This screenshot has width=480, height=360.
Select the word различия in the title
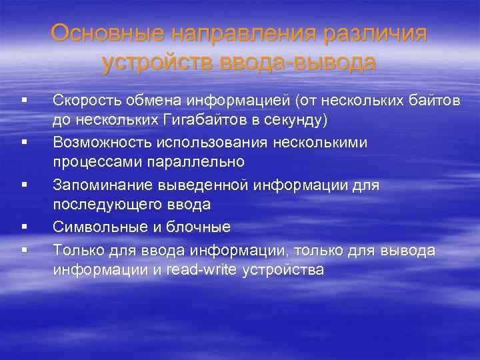(x=383, y=33)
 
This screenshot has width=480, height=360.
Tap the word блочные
(x=200, y=227)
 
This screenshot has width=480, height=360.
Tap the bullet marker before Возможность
(x=23, y=143)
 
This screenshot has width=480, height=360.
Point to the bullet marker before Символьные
(x=23, y=227)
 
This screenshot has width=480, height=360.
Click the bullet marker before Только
(x=23, y=251)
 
